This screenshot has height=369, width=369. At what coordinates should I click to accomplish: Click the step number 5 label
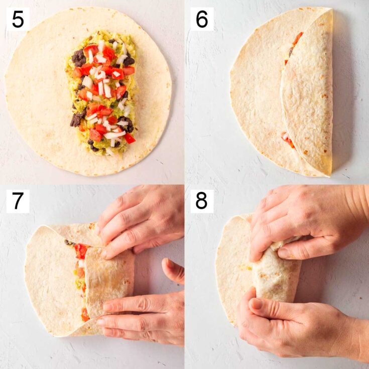[x=17, y=19]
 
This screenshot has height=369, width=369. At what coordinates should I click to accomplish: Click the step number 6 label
[x=201, y=19]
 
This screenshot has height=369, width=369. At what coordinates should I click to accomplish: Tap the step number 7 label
[x=17, y=201]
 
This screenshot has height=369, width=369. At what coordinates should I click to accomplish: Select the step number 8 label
[x=201, y=201]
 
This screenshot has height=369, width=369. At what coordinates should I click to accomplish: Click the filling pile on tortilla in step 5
[x=102, y=93]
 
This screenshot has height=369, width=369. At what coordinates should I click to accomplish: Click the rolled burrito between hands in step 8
[x=276, y=274]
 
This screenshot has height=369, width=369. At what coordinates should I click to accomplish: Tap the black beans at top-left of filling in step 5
[x=78, y=58]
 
